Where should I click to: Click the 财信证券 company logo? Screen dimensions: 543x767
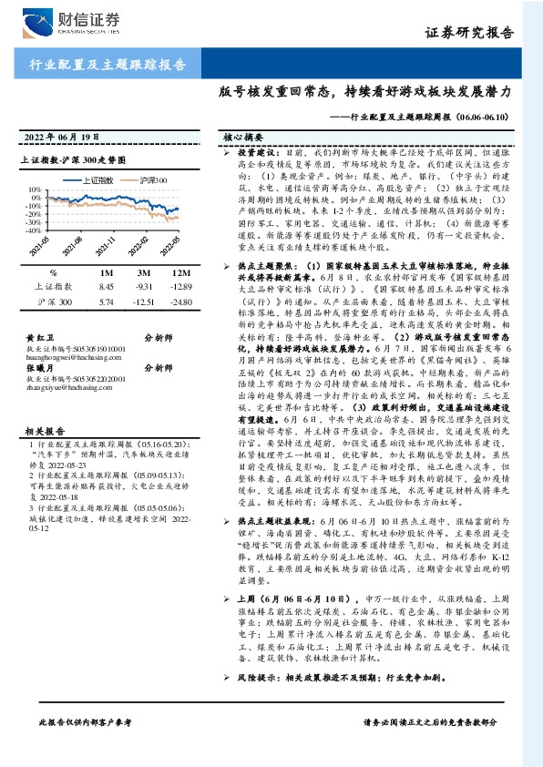pyautogui.click(x=74, y=22)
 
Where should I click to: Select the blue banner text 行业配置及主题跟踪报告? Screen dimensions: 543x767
pyautogui.click(x=100, y=65)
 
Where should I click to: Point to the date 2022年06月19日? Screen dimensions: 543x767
pyautogui.click(x=66, y=138)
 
